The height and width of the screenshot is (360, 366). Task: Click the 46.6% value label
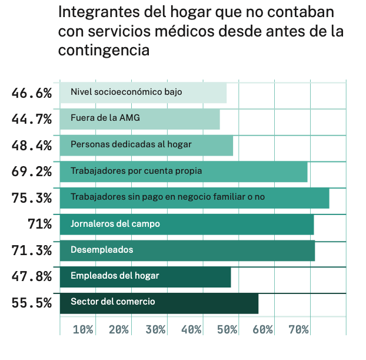click(32, 93)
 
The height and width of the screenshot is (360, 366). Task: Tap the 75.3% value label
click(32, 198)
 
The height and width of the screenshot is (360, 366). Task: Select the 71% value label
click(39, 224)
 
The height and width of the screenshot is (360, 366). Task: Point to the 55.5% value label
click(32, 303)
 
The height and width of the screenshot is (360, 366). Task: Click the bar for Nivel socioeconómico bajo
click(143, 93)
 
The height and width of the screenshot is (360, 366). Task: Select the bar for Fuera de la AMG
click(139, 119)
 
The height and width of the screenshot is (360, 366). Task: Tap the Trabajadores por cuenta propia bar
click(184, 171)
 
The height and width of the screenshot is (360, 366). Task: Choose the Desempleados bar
click(187, 250)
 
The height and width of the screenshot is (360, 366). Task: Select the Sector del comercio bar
click(159, 303)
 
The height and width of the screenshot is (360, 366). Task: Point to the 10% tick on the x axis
click(83, 329)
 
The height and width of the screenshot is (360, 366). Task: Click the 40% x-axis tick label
click(191, 329)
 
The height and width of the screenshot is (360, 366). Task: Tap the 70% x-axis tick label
click(299, 329)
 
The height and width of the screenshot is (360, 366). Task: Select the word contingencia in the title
click(104, 50)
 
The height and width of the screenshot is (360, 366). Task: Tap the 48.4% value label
click(32, 146)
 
